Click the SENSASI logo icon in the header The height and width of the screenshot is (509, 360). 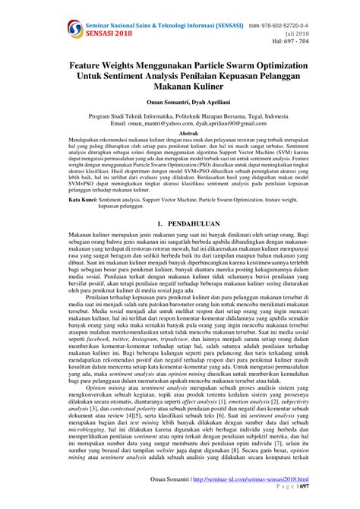74,29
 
